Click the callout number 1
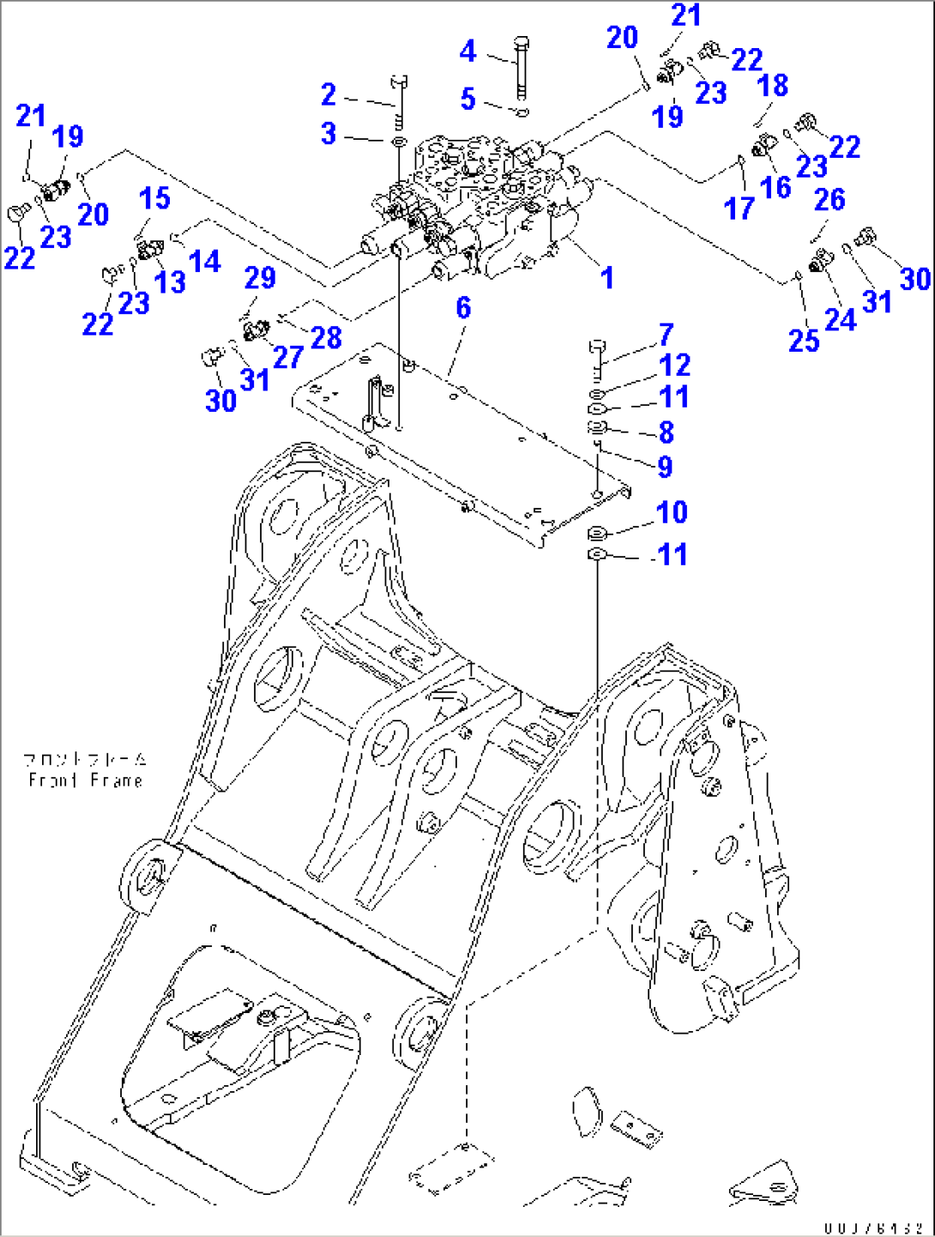click(607, 278)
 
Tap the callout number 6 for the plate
click(463, 307)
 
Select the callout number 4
click(467, 51)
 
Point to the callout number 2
click(329, 94)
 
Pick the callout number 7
click(667, 334)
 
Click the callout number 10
click(672, 512)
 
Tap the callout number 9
click(665, 467)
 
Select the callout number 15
click(155, 198)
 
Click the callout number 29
click(260, 277)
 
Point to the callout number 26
click(829, 200)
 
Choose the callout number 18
click(773, 86)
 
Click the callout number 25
click(804, 341)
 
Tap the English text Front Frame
click(85, 781)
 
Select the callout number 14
click(205, 262)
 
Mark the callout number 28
click(326, 337)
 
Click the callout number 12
click(675, 365)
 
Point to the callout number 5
click(467, 99)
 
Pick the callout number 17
click(739, 208)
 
